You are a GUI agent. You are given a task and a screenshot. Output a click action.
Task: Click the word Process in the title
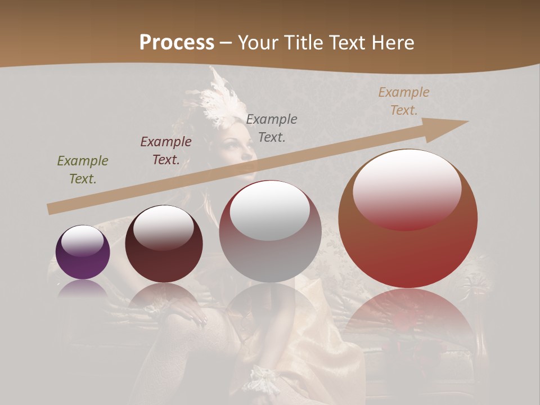(177, 43)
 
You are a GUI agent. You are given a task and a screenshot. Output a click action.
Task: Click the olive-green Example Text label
(83, 170)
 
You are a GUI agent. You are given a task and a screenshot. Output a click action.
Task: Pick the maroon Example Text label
(166, 151)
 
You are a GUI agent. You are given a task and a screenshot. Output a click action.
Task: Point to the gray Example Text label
(272, 128)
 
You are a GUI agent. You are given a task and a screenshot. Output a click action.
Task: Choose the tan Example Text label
(404, 101)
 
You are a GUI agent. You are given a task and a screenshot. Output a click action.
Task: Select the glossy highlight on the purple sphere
(83, 241)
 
